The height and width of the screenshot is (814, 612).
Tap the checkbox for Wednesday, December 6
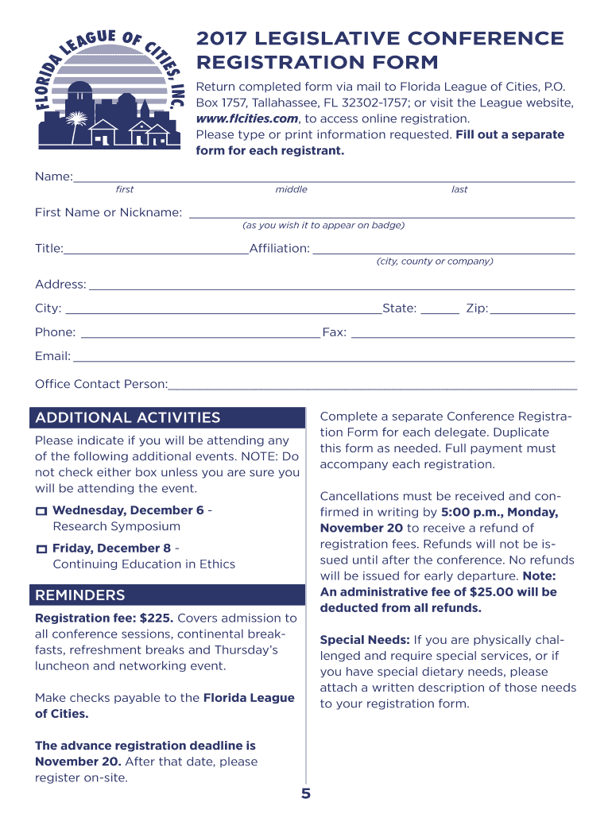(x=41, y=511)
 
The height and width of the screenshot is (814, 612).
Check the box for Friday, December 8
(x=41, y=549)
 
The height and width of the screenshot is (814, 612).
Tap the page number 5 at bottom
(x=306, y=794)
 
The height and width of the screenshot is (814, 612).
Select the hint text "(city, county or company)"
(x=435, y=262)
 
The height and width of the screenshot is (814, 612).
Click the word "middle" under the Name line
(x=291, y=190)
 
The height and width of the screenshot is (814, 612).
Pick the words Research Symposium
(x=116, y=526)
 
